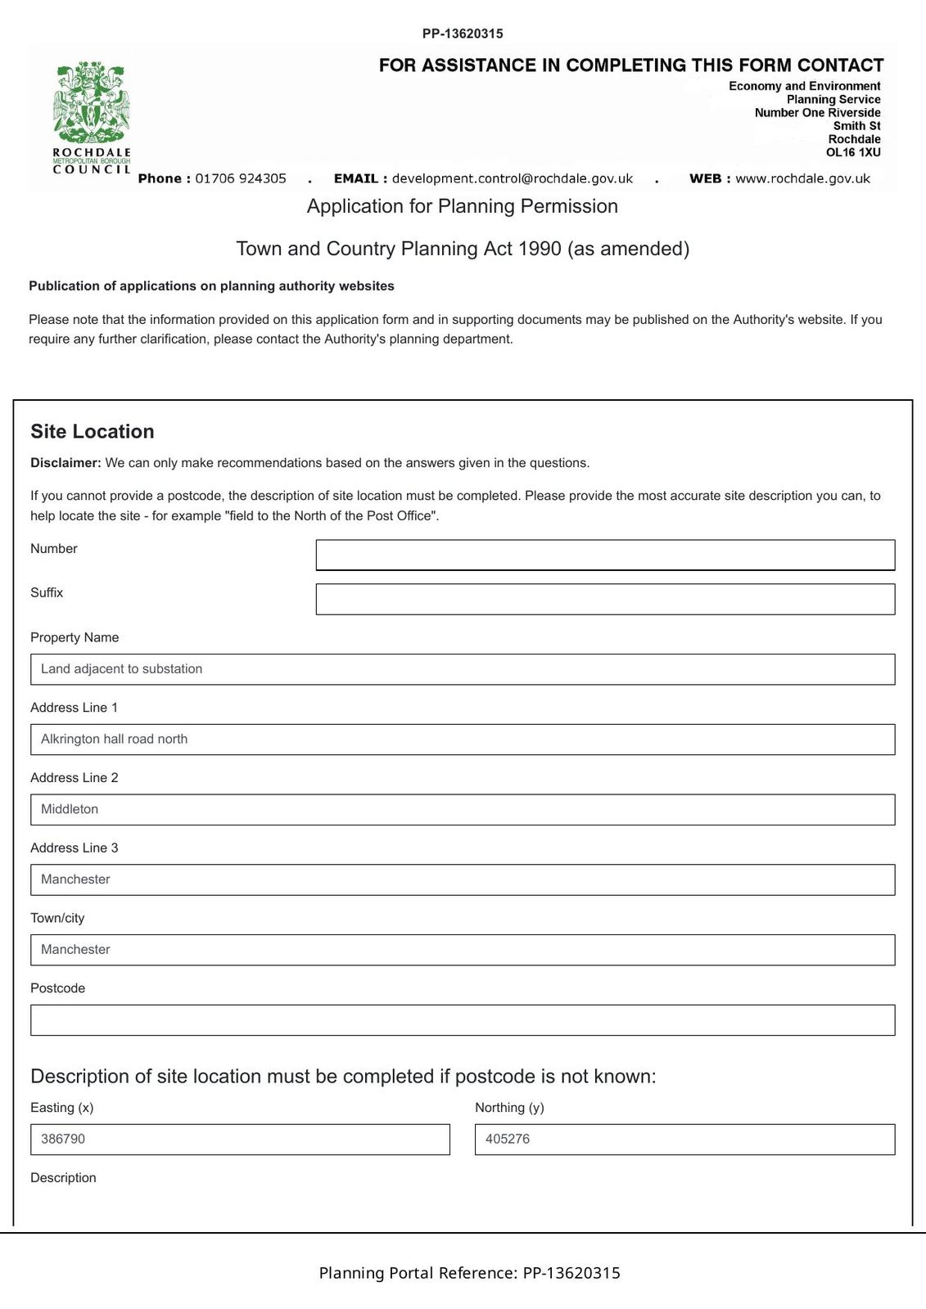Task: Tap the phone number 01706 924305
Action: tap(241, 178)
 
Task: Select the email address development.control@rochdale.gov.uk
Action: tap(513, 178)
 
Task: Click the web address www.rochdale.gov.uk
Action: tap(802, 178)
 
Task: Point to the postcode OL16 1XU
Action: tap(853, 152)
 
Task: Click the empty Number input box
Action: tap(605, 555)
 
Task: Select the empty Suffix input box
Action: tap(605, 599)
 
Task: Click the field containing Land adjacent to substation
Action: tap(463, 669)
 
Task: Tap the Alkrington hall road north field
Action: tap(463, 740)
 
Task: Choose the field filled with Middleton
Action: tap(463, 809)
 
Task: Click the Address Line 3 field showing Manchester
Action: tap(463, 879)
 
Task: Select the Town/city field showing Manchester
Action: tap(463, 950)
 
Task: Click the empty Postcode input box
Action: tap(463, 1020)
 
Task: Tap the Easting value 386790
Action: tap(240, 1140)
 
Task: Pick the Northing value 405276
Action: tap(684, 1140)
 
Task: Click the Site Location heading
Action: tap(93, 432)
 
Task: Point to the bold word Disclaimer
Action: tap(65, 463)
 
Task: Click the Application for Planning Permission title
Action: tap(463, 206)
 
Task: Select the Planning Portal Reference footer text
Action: tap(469, 1273)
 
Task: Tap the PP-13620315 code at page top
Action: tap(463, 34)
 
